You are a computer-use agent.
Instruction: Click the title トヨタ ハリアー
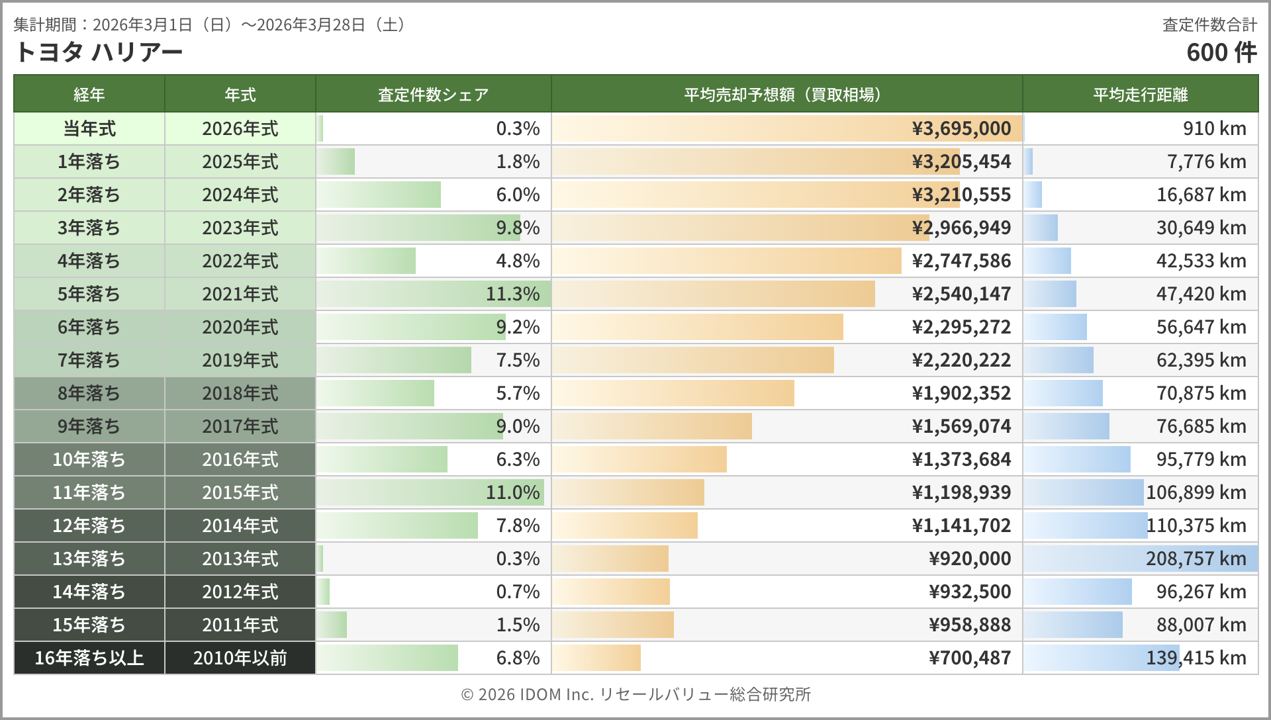tap(98, 52)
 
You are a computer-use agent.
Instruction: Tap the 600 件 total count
tap(1221, 52)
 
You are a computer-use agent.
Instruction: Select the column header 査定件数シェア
tap(433, 95)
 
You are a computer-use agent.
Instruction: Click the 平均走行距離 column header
tap(1140, 95)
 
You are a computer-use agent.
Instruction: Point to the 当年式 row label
tap(89, 128)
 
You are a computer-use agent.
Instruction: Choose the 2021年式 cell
tap(240, 294)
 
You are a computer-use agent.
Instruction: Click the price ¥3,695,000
tap(961, 128)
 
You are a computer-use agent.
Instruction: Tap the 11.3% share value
tap(512, 294)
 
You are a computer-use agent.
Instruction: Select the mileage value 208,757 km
tap(1196, 559)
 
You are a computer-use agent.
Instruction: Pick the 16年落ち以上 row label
tap(89, 658)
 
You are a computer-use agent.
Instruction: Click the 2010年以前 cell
tap(240, 658)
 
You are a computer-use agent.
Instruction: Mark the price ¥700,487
tap(970, 658)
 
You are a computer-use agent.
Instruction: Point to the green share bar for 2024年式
tap(379, 195)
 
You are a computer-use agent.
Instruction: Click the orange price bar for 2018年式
tap(673, 393)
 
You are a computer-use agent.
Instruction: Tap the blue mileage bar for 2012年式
tap(1078, 592)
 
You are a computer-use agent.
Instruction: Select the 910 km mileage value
tap(1214, 128)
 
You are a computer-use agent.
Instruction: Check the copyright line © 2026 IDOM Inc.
tap(635, 694)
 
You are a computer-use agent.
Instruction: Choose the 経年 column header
tap(89, 95)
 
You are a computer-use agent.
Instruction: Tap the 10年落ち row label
tap(89, 459)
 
